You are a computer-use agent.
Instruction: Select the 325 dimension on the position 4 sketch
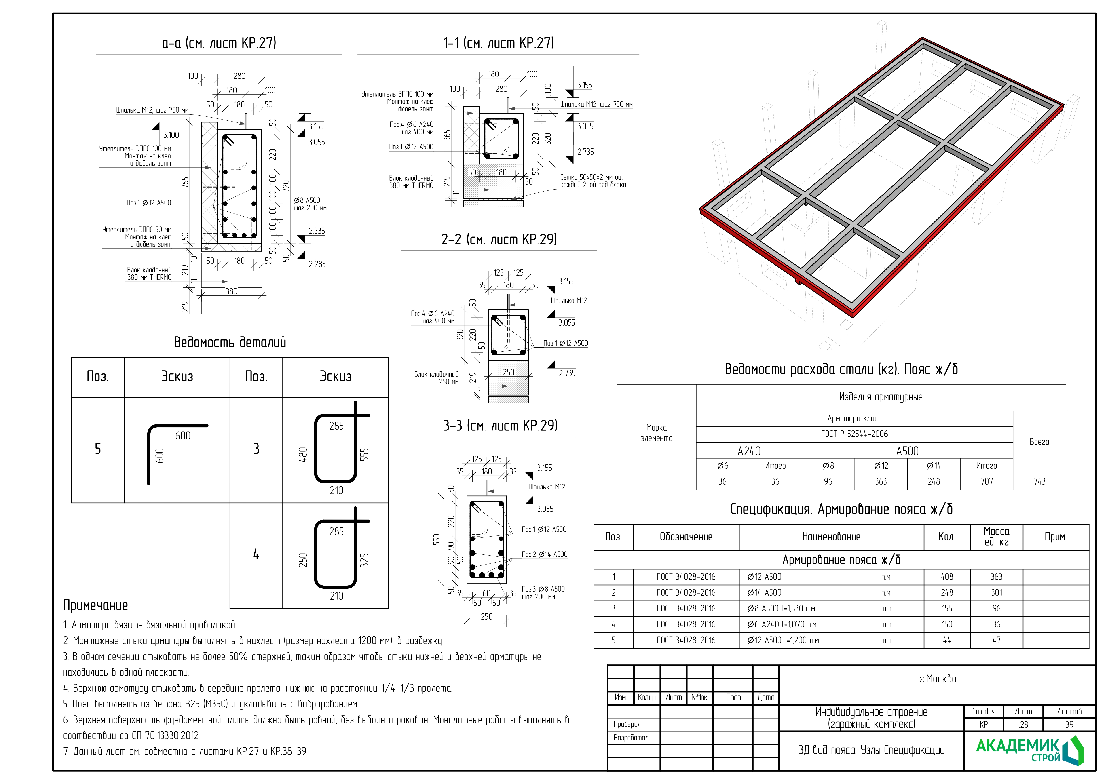365,560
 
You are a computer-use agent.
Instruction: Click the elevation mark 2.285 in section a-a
317,264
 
